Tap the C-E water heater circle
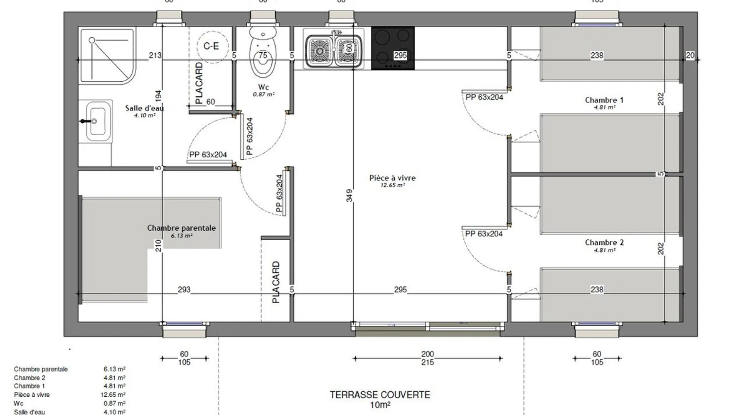click(x=211, y=46)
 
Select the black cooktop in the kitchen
click(x=392, y=48)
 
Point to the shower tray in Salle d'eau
click(x=107, y=55)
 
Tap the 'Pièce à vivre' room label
click(x=392, y=178)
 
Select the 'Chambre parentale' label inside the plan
click(x=181, y=228)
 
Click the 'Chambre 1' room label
click(x=604, y=100)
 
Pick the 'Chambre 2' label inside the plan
click(x=604, y=242)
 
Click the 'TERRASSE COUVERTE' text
click(x=380, y=395)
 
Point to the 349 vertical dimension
click(x=349, y=195)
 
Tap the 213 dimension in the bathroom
click(x=155, y=55)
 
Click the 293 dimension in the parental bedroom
click(x=184, y=290)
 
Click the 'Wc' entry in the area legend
click(x=19, y=403)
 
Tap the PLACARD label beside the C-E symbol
click(x=199, y=83)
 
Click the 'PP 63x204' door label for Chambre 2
click(x=484, y=234)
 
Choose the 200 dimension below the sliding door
click(x=428, y=354)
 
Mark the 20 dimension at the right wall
click(x=690, y=55)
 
